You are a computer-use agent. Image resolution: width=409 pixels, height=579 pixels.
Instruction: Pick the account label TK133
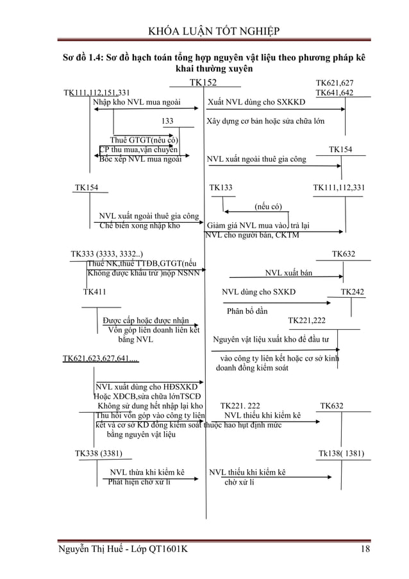[x=221, y=187]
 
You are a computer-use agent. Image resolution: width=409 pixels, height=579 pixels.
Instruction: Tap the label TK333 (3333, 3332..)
[x=107, y=254]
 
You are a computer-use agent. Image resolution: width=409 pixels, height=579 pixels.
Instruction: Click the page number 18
[x=365, y=549]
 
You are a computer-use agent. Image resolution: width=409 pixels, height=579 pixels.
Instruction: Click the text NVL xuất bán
[x=289, y=273]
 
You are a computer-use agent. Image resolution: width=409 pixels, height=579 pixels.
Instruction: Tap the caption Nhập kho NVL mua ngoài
[x=137, y=102]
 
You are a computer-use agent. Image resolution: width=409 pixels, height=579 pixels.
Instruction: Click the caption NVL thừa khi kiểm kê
[x=147, y=473]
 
